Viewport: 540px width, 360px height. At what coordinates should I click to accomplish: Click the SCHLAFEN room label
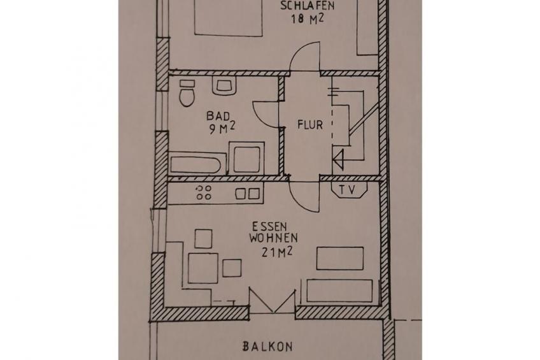point(307,6)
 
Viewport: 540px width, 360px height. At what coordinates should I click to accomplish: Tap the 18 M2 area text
point(308,18)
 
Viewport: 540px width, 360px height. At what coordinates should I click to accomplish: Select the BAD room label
point(215,116)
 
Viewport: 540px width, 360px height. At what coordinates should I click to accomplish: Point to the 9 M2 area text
point(222,129)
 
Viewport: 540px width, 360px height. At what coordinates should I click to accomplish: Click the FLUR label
point(310,125)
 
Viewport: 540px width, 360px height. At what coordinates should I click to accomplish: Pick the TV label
point(347,190)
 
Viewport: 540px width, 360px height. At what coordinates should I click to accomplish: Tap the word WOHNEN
point(273,238)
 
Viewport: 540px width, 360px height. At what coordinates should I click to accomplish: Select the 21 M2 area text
point(277,252)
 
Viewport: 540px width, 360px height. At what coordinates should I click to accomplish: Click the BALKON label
point(267,346)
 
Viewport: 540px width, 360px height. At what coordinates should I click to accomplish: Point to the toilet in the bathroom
point(187,94)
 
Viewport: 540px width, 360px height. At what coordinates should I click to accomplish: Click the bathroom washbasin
point(224,85)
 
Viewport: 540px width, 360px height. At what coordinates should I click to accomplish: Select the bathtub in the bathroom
point(196,164)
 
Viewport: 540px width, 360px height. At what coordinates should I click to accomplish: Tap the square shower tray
point(246,159)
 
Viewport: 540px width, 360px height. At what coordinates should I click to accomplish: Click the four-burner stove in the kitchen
point(204,192)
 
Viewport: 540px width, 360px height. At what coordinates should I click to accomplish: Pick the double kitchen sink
point(248,194)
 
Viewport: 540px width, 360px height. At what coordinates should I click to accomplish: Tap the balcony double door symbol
point(272,301)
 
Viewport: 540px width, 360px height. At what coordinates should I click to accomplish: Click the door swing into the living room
point(297,201)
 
